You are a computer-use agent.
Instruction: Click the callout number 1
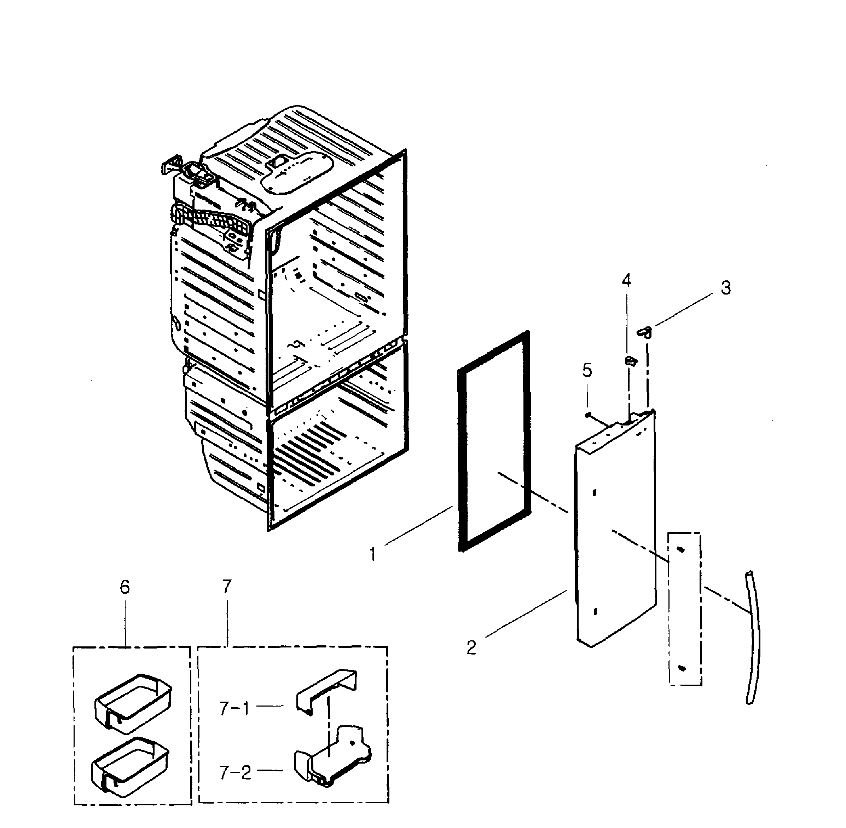point(373,554)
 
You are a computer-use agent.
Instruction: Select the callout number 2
point(471,647)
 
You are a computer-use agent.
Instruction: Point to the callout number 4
point(626,281)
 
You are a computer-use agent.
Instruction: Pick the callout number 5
point(587,371)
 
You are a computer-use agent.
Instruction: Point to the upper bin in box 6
point(133,701)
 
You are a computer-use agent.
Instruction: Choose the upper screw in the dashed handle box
point(681,550)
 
